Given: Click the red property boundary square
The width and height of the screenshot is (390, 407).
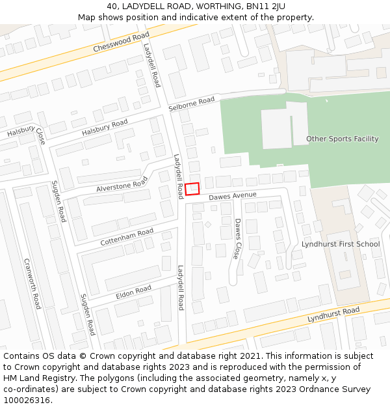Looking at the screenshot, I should tap(192, 189).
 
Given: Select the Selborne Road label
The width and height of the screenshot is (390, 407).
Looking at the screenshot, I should tap(191, 104).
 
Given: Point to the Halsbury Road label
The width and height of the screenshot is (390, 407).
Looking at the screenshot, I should tap(105, 128).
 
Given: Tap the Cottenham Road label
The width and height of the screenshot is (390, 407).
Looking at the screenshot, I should tap(127, 237).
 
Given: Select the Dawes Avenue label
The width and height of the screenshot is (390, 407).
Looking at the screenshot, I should tap(233, 196).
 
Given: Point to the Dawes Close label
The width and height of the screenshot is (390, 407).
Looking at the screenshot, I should tap(238, 238).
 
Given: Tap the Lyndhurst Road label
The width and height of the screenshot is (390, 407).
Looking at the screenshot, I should tap(333, 315).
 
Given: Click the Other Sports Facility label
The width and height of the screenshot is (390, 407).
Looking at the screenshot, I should tap(342, 139).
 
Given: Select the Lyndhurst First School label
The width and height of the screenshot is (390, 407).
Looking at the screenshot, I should tap(340, 244).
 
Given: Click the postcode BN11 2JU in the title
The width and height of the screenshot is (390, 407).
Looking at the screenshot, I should tap(268, 7).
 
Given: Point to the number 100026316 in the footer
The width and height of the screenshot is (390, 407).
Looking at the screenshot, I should tap(26, 400).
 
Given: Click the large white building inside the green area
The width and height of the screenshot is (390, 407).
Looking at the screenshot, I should tap(276, 128).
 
